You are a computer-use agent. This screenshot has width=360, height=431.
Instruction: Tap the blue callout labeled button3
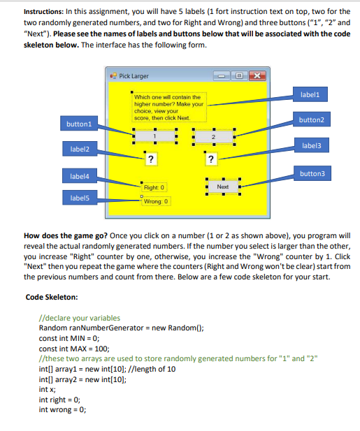pyautogui.click(x=312, y=173)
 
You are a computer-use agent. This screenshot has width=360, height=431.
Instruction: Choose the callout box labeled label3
pyautogui.click(x=312, y=146)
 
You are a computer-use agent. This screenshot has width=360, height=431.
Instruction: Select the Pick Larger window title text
pyautogui.click(x=134, y=76)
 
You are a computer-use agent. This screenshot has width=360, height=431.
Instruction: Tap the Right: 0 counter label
pyautogui.click(x=153, y=187)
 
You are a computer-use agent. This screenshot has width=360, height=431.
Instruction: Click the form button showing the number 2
pyautogui.click(x=214, y=137)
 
